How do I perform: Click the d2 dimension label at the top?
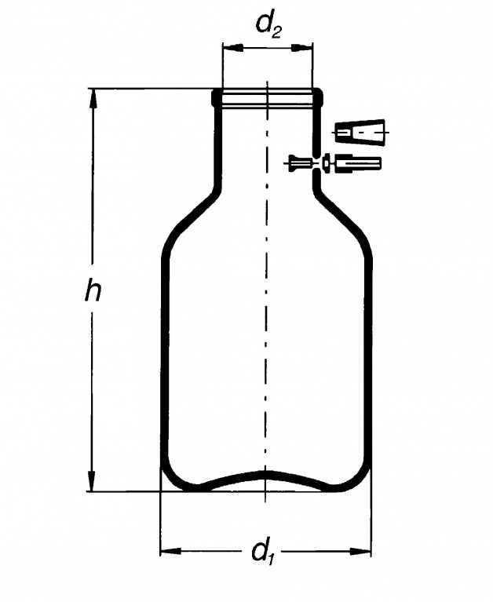tap(268, 25)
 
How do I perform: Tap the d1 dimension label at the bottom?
tap(261, 552)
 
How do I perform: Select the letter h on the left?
tap(93, 292)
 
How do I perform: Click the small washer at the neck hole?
tap(326, 164)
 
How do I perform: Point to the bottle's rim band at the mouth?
tap(268, 97)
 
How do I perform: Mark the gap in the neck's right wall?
tap(316, 163)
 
